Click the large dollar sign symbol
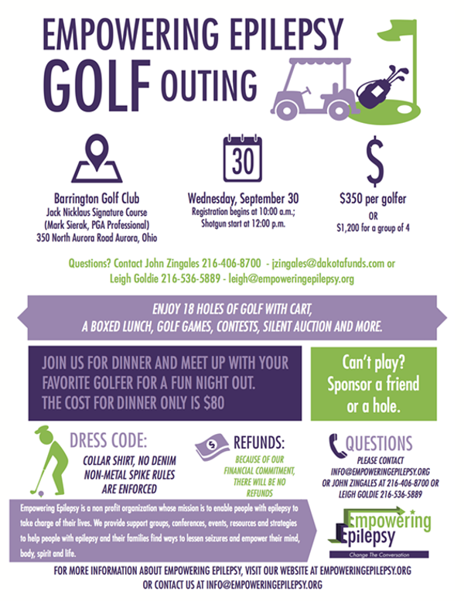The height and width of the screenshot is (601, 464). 374,159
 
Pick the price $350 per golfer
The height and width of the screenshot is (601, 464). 374,196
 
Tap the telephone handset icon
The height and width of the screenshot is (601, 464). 334,443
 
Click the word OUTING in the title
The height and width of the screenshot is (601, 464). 209,80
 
